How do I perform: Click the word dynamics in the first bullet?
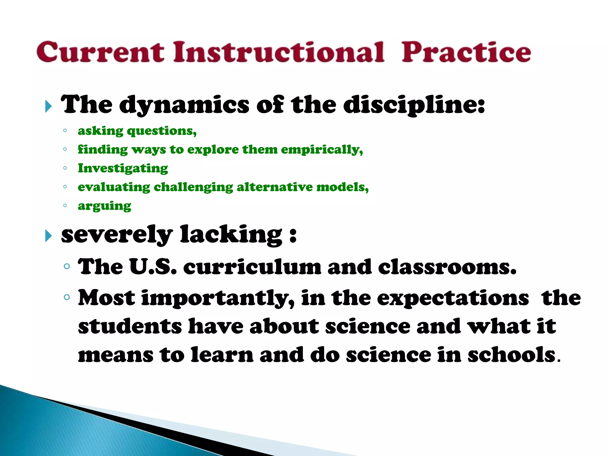[x=184, y=105]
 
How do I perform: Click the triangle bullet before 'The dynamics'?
[x=49, y=106]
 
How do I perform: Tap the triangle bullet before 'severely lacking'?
[x=49, y=236]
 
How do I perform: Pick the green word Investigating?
[x=123, y=168]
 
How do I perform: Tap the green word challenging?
[x=194, y=187]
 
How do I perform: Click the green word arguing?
[x=104, y=206]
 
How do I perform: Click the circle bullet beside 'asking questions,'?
[x=65, y=130]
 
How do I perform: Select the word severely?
[x=117, y=235]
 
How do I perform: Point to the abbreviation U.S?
[x=153, y=266]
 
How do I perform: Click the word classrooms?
[x=447, y=266]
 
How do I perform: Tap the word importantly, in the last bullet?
[x=218, y=298]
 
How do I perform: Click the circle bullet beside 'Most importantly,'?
[x=67, y=297]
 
